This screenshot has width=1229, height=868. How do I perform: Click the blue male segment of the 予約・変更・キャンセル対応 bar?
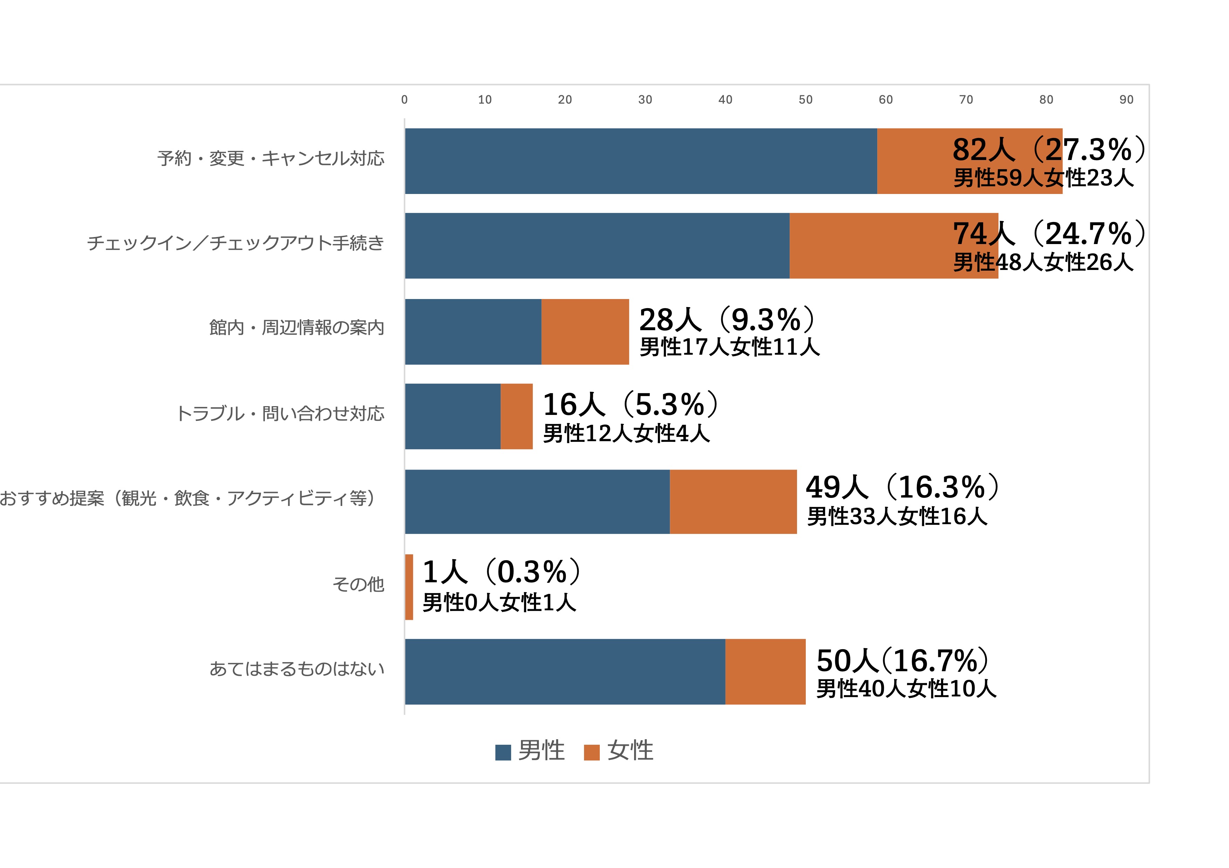coord(641,161)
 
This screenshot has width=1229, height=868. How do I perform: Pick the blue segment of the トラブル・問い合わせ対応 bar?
coord(452,416)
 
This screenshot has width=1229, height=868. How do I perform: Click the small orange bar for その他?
coord(409,587)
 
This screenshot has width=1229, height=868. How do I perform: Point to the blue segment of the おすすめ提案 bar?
coord(537,502)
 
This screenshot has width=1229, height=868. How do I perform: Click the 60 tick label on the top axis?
coord(885,99)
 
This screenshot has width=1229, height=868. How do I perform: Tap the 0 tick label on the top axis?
coord(404,99)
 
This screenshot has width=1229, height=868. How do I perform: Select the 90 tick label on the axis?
coord(1126,99)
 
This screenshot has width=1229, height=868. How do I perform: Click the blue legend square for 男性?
coord(503,752)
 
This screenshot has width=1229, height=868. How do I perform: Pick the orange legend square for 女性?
coord(591,752)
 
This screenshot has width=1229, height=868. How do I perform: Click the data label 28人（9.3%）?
coord(727,320)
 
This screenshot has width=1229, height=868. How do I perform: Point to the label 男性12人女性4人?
coord(626,433)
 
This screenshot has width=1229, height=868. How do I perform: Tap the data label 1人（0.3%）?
coord(502,572)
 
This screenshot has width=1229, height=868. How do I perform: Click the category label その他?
coord(358,584)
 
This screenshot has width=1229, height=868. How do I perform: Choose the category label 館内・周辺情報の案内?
coord(296,327)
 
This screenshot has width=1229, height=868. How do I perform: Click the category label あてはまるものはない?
coord(296,668)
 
